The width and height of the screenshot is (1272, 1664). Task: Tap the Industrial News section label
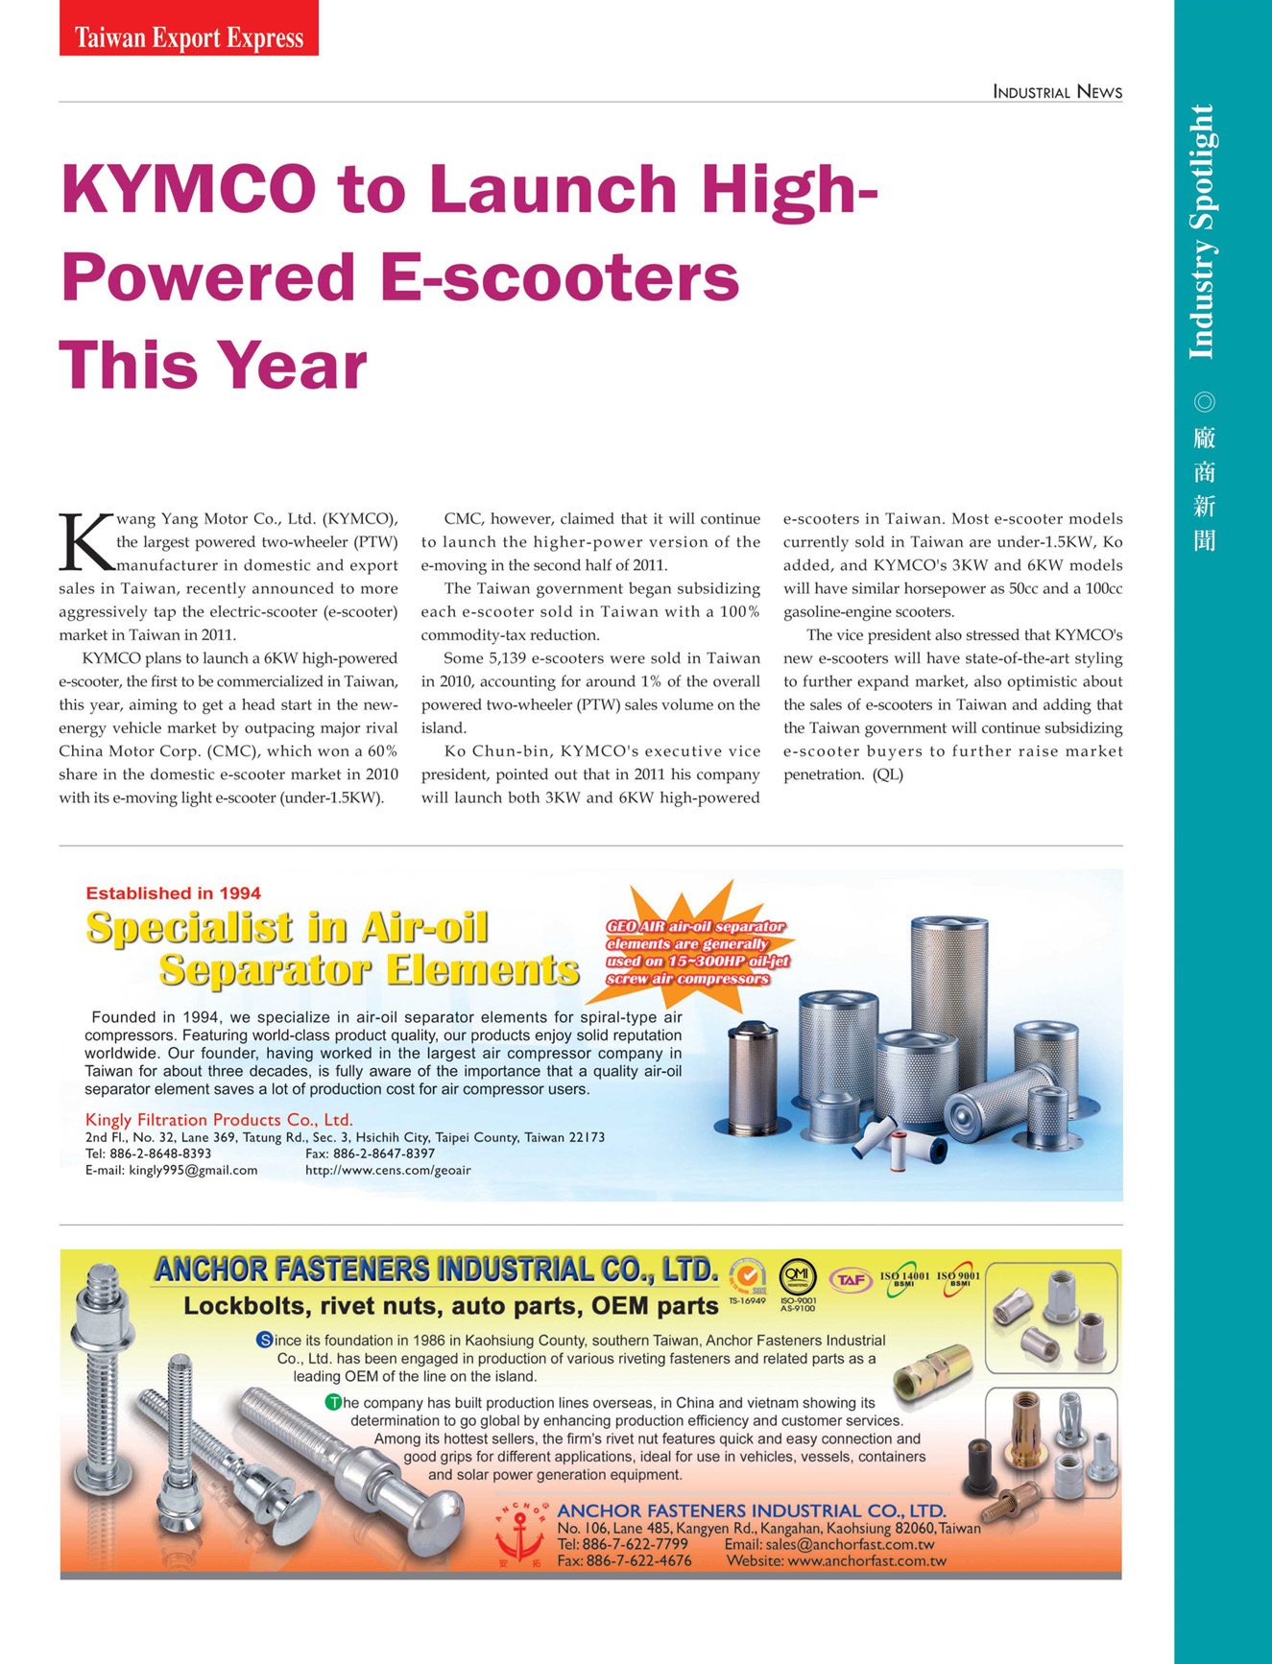pyautogui.click(x=1057, y=92)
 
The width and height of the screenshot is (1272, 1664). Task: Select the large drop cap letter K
pyautogui.click(x=85, y=542)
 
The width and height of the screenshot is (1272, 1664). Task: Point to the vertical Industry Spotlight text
pyautogui.click(x=1202, y=231)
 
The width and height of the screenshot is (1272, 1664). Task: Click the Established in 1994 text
pyautogui.click(x=173, y=893)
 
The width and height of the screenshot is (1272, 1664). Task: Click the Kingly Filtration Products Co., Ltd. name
pyautogui.click(x=219, y=1119)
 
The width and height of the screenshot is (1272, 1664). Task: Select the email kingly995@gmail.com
pyautogui.click(x=193, y=1170)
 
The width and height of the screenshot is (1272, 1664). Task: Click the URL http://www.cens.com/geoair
pyautogui.click(x=388, y=1170)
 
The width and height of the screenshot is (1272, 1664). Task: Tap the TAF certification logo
pyautogui.click(x=849, y=1279)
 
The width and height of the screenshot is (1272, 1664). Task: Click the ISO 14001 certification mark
pyautogui.click(x=903, y=1279)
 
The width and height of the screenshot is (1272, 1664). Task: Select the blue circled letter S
pyautogui.click(x=264, y=1340)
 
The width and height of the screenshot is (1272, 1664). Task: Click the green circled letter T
pyautogui.click(x=333, y=1402)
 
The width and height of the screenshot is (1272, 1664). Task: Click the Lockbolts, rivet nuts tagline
pyautogui.click(x=450, y=1306)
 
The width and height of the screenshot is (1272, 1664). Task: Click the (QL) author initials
pyautogui.click(x=888, y=774)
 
